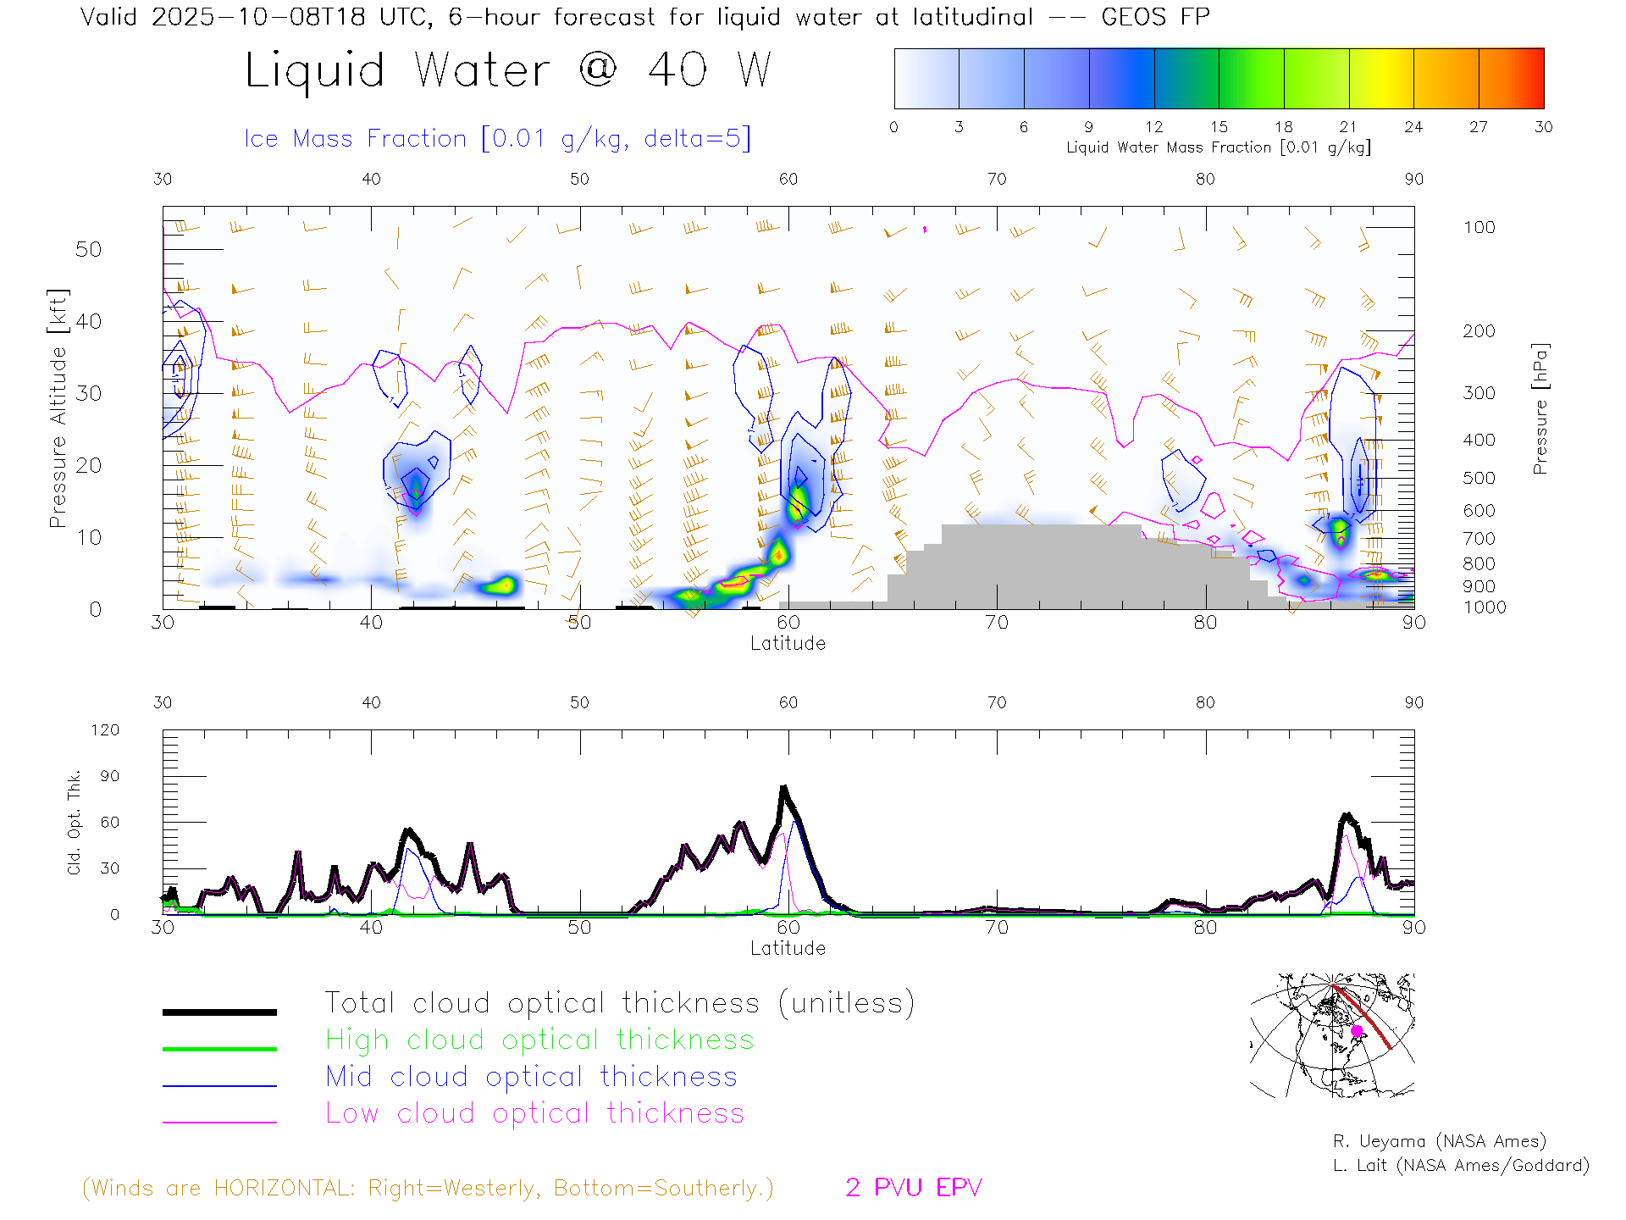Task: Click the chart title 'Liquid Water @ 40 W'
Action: coord(507,70)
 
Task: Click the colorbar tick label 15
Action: coord(1219,127)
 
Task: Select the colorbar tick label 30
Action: coord(1543,127)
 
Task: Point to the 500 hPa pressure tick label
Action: coord(1479,478)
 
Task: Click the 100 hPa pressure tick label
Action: coord(1479,227)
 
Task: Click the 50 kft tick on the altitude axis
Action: coord(88,249)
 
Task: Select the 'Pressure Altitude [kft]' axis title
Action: coord(58,408)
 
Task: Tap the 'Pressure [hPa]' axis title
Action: coord(1540,408)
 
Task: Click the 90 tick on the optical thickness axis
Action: coord(109,776)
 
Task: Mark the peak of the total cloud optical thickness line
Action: coord(783,788)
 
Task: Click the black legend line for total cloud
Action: coord(219,1012)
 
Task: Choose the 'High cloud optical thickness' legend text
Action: coord(539,1040)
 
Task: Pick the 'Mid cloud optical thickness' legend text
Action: coord(531,1077)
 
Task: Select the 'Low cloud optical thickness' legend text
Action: coord(534,1113)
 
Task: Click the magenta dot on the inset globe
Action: coord(1357,1031)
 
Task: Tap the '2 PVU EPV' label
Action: coord(913,1188)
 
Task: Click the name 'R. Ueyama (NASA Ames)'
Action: coord(1439,1141)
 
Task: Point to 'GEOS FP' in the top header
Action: coord(1155,16)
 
